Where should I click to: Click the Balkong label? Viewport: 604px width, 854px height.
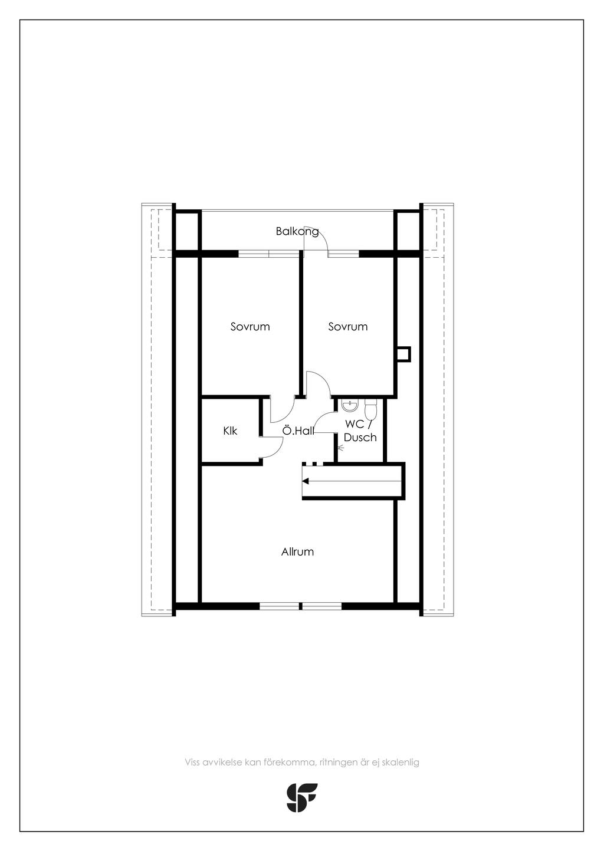coord(297,231)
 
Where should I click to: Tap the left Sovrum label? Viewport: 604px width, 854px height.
coord(250,327)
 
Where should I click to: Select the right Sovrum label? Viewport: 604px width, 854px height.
coord(348,327)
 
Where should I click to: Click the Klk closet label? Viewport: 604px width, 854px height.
coord(230,431)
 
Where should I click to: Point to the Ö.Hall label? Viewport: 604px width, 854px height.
coord(298,431)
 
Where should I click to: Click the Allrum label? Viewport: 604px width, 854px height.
coord(297,551)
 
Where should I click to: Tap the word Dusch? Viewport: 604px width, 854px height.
coord(360,437)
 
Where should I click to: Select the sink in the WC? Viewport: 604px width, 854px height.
coord(349,406)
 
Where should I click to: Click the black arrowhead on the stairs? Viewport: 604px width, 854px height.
coord(306,481)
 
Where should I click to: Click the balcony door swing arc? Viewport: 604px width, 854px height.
coord(323,237)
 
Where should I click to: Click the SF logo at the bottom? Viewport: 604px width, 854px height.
coord(302,797)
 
